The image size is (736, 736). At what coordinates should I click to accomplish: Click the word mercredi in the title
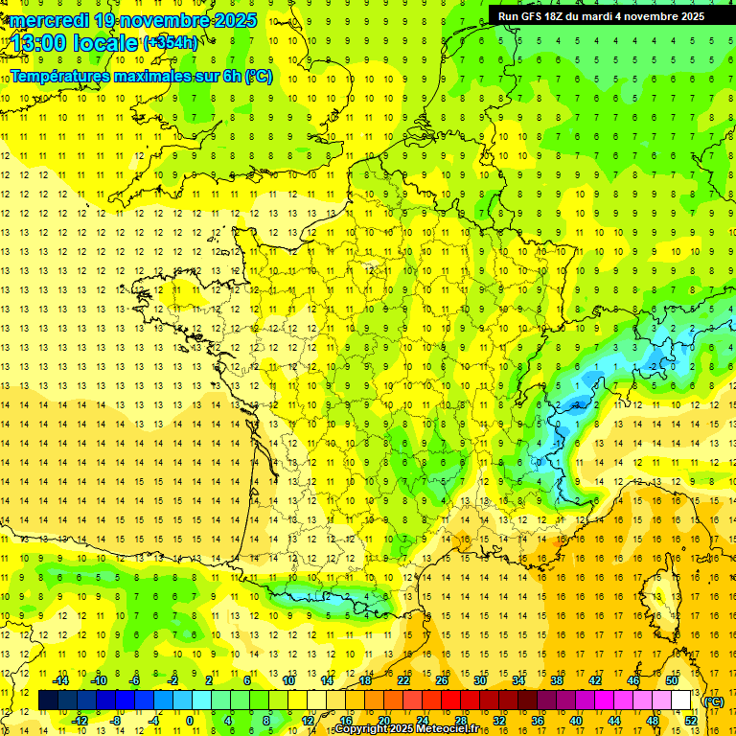click(x=47, y=20)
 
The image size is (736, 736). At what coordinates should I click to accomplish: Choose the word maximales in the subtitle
click(x=166, y=76)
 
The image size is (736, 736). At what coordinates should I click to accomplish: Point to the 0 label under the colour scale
click(x=190, y=721)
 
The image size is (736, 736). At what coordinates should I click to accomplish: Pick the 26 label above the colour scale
click(x=442, y=680)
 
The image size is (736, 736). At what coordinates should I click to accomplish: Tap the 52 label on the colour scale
click(x=690, y=721)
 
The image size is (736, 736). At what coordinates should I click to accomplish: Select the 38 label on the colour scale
click(x=557, y=680)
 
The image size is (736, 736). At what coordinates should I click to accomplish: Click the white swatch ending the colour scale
click(x=681, y=701)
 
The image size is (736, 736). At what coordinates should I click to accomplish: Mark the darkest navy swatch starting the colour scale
click(x=48, y=701)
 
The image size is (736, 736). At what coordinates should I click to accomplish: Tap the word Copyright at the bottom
click(x=364, y=729)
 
